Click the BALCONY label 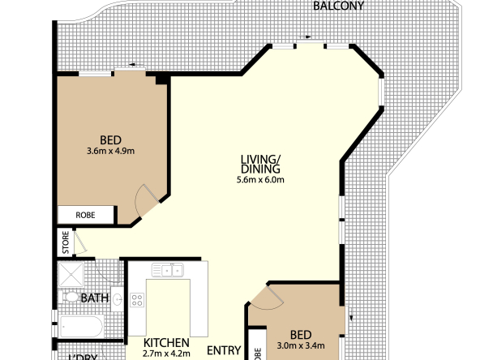[339, 6]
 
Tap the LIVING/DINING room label [260, 164]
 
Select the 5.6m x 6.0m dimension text [260, 180]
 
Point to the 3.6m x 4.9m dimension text [110, 150]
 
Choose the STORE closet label [65, 241]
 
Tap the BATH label [94, 298]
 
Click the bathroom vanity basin [117, 299]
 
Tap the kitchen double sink [171, 270]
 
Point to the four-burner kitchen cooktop [137, 300]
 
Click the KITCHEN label [166, 343]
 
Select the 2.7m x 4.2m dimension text [166, 354]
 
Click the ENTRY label [223, 350]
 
